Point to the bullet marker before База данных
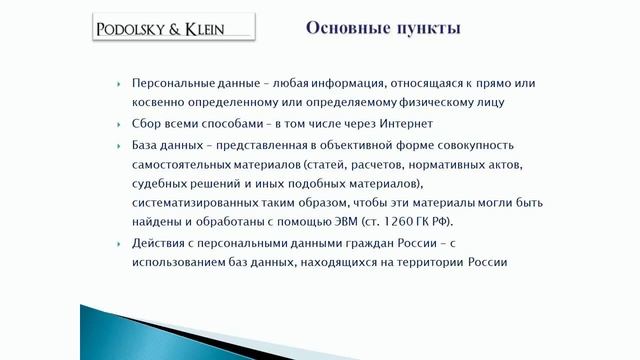[x=120, y=145]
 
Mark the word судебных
[x=161, y=186]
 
